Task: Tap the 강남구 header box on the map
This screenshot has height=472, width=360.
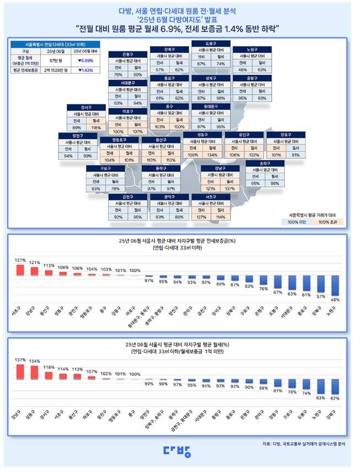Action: pyautogui.click(x=220, y=168)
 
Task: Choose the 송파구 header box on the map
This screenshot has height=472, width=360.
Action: pyautogui.click(x=264, y=163)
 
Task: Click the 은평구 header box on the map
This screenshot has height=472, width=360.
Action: pyautogui.click(x=127, y=55)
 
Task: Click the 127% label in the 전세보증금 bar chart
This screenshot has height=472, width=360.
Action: pyautogui.click(x=20, y=261)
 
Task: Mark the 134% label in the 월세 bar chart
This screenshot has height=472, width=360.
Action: pyautogui.click(x=35, y=362)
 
